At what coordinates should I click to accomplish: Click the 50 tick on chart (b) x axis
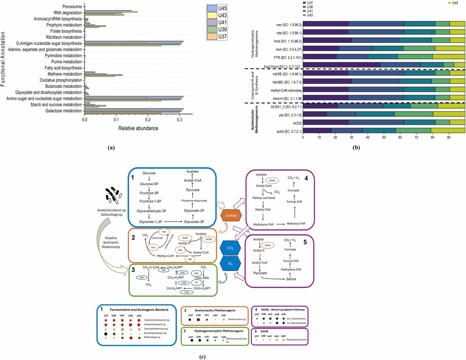pyautogui.click(x=384, y=138)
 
